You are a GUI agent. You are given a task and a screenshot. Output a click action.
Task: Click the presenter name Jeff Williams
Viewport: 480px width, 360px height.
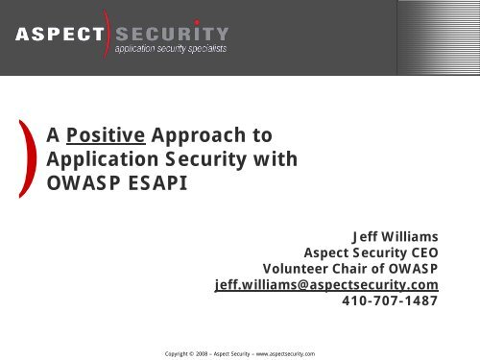pos(396,233)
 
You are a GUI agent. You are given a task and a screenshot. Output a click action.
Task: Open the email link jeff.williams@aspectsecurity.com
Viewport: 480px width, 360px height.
pos(326,285)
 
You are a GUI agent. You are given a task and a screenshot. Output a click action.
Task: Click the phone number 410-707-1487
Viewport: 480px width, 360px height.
pos(391,302)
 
